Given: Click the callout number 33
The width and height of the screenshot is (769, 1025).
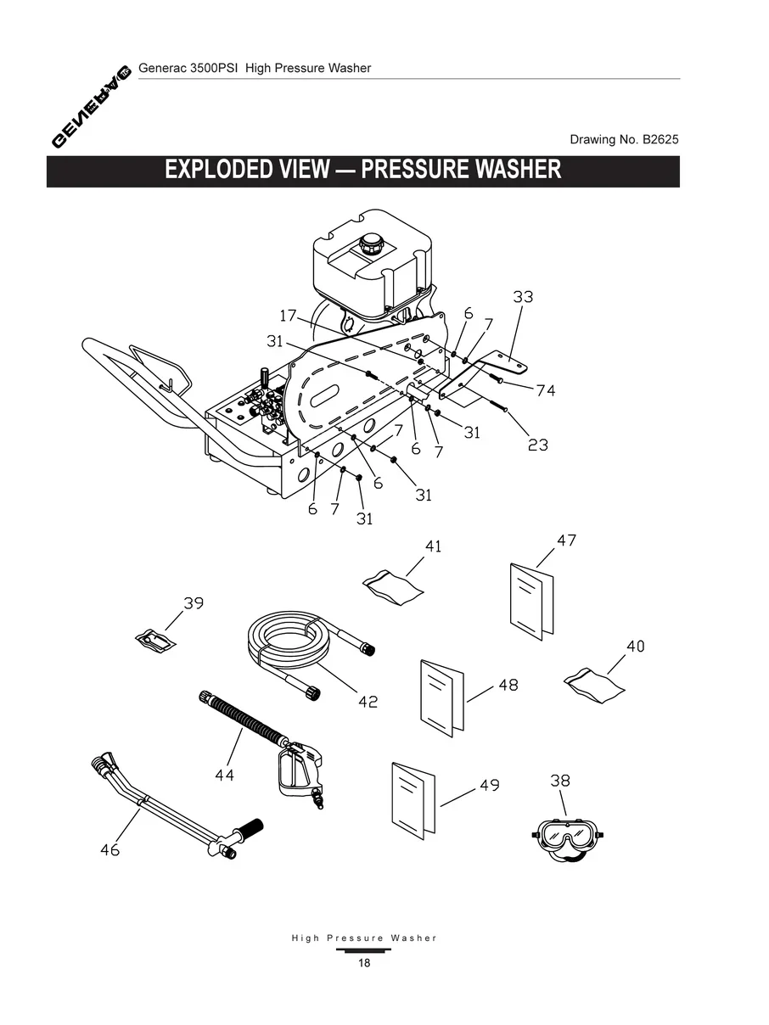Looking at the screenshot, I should pos(523,297).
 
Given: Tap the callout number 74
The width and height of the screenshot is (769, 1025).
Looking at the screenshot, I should pos(546,390).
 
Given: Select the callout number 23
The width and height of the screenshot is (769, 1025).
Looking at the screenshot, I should pos(537,444).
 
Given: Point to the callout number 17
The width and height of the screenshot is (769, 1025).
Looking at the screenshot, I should pos(289,316).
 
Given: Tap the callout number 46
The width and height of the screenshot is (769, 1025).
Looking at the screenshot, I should pos(109,849).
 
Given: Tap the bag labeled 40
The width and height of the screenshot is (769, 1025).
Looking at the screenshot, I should pos(595,682).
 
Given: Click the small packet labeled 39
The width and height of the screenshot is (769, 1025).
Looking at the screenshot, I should pos(157,640).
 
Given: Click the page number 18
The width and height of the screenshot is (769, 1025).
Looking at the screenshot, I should pos(364,963).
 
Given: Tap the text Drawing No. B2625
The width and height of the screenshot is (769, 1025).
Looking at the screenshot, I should pos(624,139).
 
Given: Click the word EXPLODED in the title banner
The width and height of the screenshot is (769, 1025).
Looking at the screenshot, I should pos(218,169).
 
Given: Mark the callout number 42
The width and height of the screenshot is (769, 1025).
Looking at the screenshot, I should pos(368,702).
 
